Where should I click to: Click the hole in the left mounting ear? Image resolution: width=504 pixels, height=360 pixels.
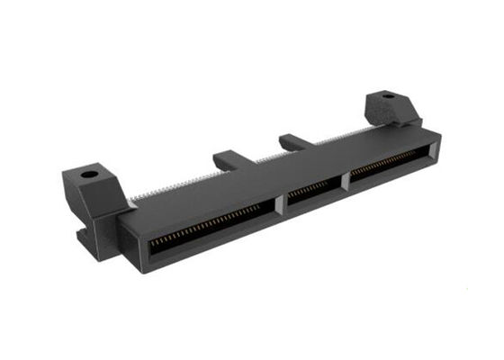(x=88, y=175)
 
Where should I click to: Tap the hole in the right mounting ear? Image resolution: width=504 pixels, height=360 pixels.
(x=388, y=95)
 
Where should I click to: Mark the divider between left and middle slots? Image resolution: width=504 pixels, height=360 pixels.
(x=280, y=205)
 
